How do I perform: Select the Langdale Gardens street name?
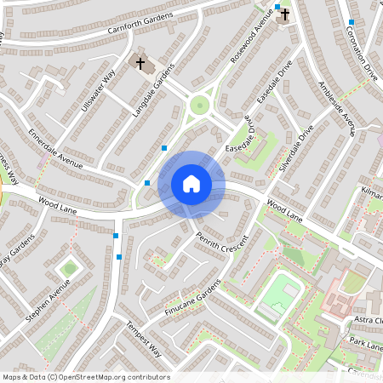pyautogui.click(x=152, y=90)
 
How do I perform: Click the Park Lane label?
pyautogui.click(x=366, y=346)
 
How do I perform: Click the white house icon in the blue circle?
pyautogui.click(x=191, y=184)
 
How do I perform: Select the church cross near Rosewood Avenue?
pyautogui.click(x=284, y=14)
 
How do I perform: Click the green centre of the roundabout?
pyautogui.click(x=200, y=106)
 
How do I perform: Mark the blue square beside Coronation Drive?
pyautogui.click(x=351, y=22)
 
